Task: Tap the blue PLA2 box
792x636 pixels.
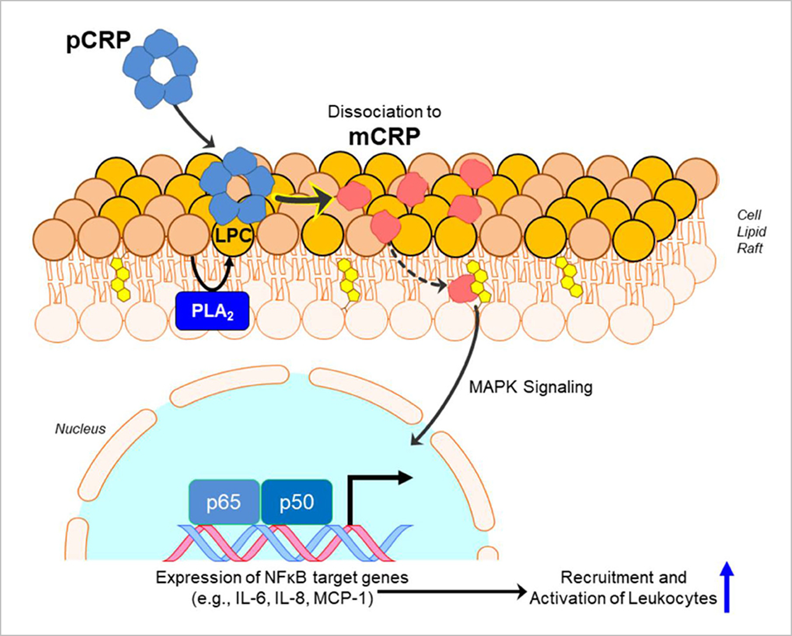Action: (212, 311)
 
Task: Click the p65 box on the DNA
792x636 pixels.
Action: (224, 502)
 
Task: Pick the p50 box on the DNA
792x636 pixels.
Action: (296, 502)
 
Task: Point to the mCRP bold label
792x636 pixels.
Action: (384, 137)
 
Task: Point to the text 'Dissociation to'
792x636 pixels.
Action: (384, 112)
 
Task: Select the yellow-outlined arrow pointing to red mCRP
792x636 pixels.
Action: (305, 199)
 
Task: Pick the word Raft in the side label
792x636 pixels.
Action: (750, 248)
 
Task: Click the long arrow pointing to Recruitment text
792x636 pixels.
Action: (452, 591)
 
